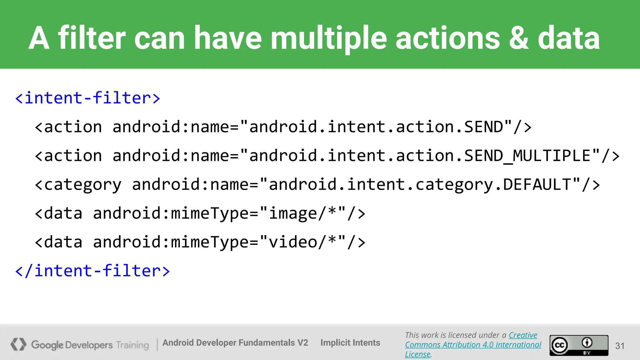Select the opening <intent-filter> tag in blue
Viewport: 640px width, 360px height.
[88, 98]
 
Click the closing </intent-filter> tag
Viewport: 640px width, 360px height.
[92, 271]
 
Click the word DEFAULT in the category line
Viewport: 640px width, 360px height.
[537, 184]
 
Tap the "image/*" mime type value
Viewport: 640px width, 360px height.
[303, 213]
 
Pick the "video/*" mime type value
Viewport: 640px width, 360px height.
[303, 242]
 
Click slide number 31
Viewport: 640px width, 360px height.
[620, 346]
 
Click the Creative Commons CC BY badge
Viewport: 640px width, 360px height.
[579, 345]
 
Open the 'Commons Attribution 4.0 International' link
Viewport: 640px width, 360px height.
[473, 345]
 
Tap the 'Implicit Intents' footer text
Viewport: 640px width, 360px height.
[350, 342]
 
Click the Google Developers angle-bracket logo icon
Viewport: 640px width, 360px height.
[18, 344]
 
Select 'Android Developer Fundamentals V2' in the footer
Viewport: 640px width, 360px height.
[235, 342]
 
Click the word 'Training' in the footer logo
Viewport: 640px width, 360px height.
[132, 345]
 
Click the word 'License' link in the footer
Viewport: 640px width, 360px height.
[417, 354]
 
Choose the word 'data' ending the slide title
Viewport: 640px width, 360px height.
[568, 38]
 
